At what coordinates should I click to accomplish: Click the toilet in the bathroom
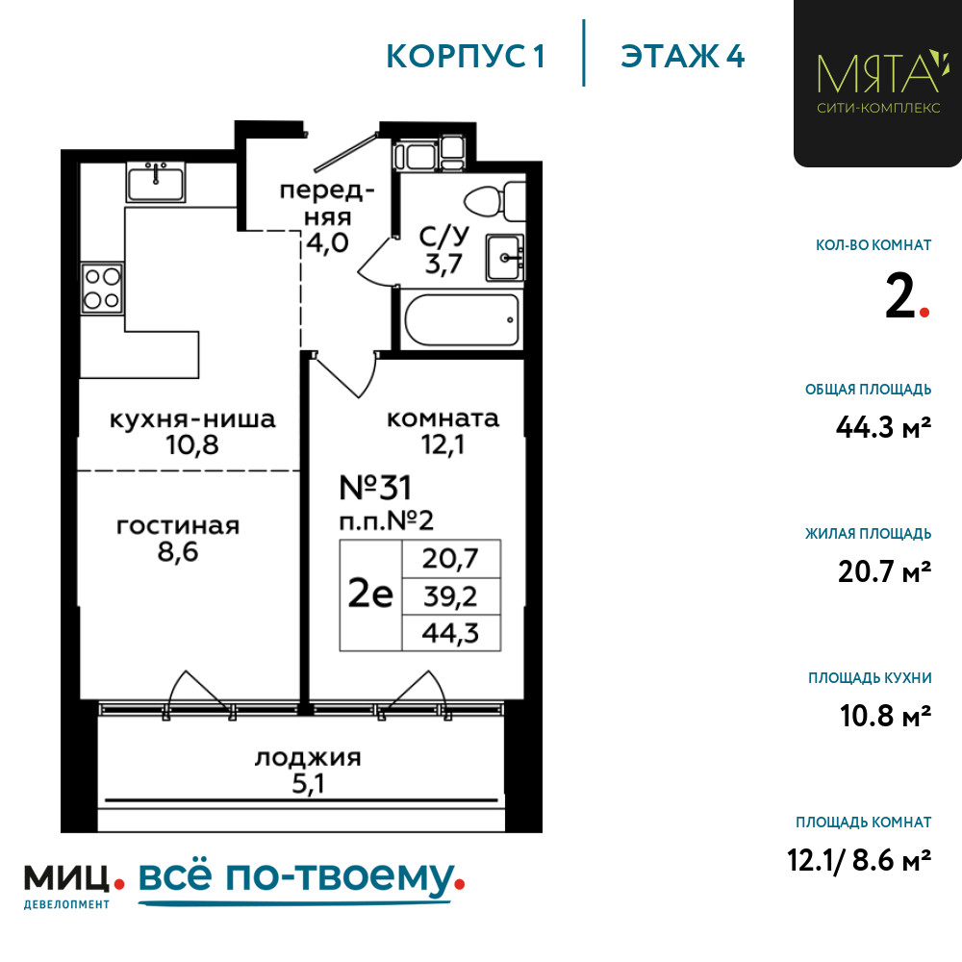click(491, 203)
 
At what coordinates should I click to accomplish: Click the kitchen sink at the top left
click(155, 181)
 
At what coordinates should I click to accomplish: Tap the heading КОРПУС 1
click(466, 56)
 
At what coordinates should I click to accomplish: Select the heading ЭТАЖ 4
click(682, 56)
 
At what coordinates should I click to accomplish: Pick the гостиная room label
click(177, 526)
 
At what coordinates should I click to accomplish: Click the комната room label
click(443, 418)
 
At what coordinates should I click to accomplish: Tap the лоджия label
click(308, 758)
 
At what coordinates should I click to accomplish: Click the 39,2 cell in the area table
click(451, 596)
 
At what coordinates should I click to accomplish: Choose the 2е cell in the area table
click(369, 595)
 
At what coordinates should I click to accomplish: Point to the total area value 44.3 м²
click(883, 426)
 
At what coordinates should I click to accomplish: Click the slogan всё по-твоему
click(299, 879)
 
